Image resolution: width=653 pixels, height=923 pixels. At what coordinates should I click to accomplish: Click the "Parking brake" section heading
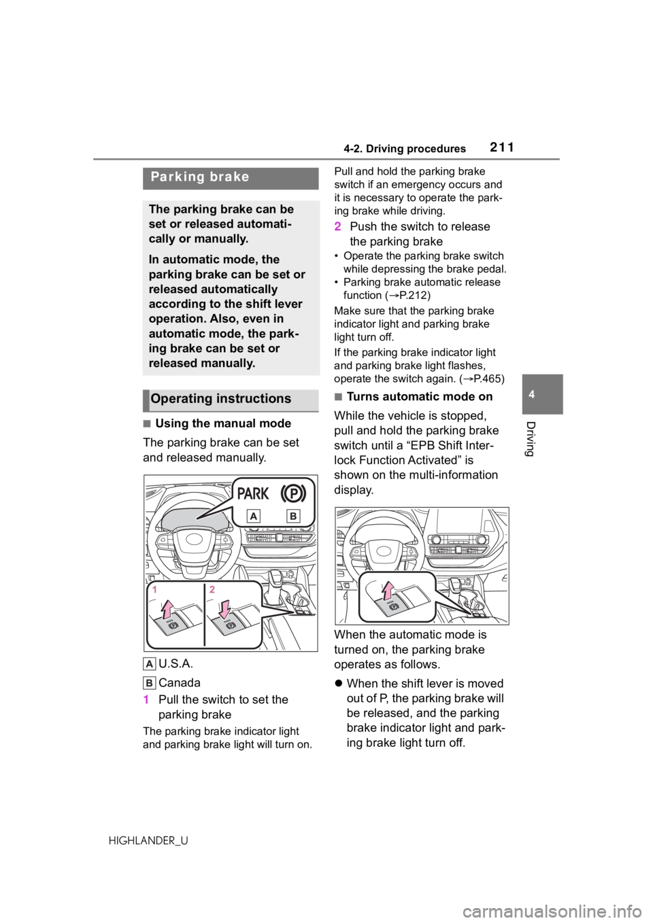pyautogui.click(x=200, y=177)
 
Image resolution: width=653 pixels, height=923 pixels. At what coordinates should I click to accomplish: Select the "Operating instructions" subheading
pyautogui.click(x=220, y=399)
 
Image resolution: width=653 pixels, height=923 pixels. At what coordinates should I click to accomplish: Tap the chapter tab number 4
pyautogui.click(x=542, y=395)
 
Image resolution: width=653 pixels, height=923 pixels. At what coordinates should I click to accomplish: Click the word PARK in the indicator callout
pyautogui.click(x=253, y=493)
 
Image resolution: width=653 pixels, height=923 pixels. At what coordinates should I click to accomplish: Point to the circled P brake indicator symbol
pyautogui.click(x=294, y=492)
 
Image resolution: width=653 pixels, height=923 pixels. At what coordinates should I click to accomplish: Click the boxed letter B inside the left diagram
pyautogui.click(x=293, y=517)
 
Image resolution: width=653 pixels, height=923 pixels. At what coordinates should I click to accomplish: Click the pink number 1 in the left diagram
pyautogui.click(x=156, y=590)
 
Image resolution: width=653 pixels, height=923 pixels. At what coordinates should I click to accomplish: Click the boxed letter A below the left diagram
pyautogui.click(x=150, y=664)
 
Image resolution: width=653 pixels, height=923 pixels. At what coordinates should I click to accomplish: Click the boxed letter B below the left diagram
pyautogui.click(x=150, y=682)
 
